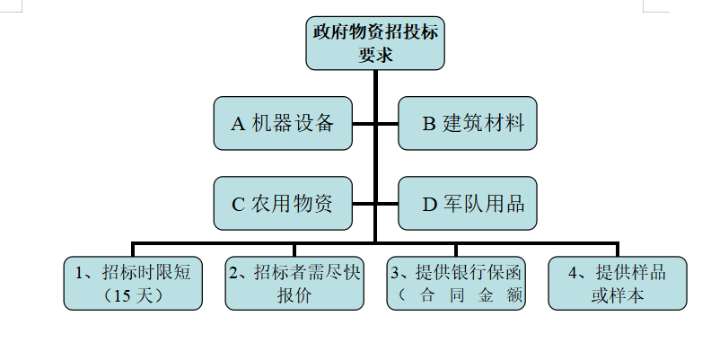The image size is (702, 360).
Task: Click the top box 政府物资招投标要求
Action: click(x=375, y=43)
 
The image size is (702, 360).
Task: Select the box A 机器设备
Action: click(x=283, y=123)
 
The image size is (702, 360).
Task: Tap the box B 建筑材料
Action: click(x=468, y=123)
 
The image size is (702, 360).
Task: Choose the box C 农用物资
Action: click(x=283, y=203)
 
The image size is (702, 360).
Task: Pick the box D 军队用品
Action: click(x=468, y=203)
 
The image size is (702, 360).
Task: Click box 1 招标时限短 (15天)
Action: click(x=133, y=283)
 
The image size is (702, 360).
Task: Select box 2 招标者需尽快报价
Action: click(x=294, y=283)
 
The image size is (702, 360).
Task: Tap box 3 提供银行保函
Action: click(x=456, y=283)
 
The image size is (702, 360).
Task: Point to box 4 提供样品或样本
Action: click(x=618, y=283)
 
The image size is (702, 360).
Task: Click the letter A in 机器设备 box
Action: click(x=238, y=124)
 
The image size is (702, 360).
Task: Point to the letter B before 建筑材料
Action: click(x=429, y=124)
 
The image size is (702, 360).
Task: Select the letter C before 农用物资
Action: click(x=238, y=204)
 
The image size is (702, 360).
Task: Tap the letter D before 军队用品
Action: click(x=429, y=204)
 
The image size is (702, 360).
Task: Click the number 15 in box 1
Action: click(x=124, y=295)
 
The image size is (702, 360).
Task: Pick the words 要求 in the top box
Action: click(x=375, y=54)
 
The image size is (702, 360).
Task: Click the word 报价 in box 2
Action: click(x=294, y=295)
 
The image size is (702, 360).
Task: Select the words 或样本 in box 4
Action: click(x=618, y=295)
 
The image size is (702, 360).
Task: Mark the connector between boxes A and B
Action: click(x=375, y=123)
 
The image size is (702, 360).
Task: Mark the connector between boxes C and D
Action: click(x=375, y=203)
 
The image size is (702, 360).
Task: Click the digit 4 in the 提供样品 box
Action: click(x=574, y=272)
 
